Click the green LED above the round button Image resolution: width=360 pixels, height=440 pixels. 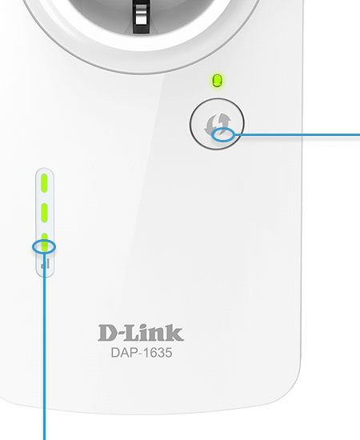(217, 81)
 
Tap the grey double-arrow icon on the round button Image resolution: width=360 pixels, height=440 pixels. (218, 124)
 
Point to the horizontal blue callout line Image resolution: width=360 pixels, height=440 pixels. (297, 135)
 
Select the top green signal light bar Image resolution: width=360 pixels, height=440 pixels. (44, 183)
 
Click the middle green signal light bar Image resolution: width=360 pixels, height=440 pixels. (44, 213)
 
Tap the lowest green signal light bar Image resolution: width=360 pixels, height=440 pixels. (44, 242)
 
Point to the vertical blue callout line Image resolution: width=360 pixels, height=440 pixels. (44, 347)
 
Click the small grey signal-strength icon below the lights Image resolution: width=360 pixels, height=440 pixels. (46, 263)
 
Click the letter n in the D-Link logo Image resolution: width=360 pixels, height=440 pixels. (156, 335)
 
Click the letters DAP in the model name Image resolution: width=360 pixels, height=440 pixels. (123, 353)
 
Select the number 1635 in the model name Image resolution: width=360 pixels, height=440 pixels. (158, 353)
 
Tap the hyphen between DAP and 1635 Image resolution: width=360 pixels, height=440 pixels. (139, 354)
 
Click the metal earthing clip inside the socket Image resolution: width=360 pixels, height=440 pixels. (142, 16)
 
